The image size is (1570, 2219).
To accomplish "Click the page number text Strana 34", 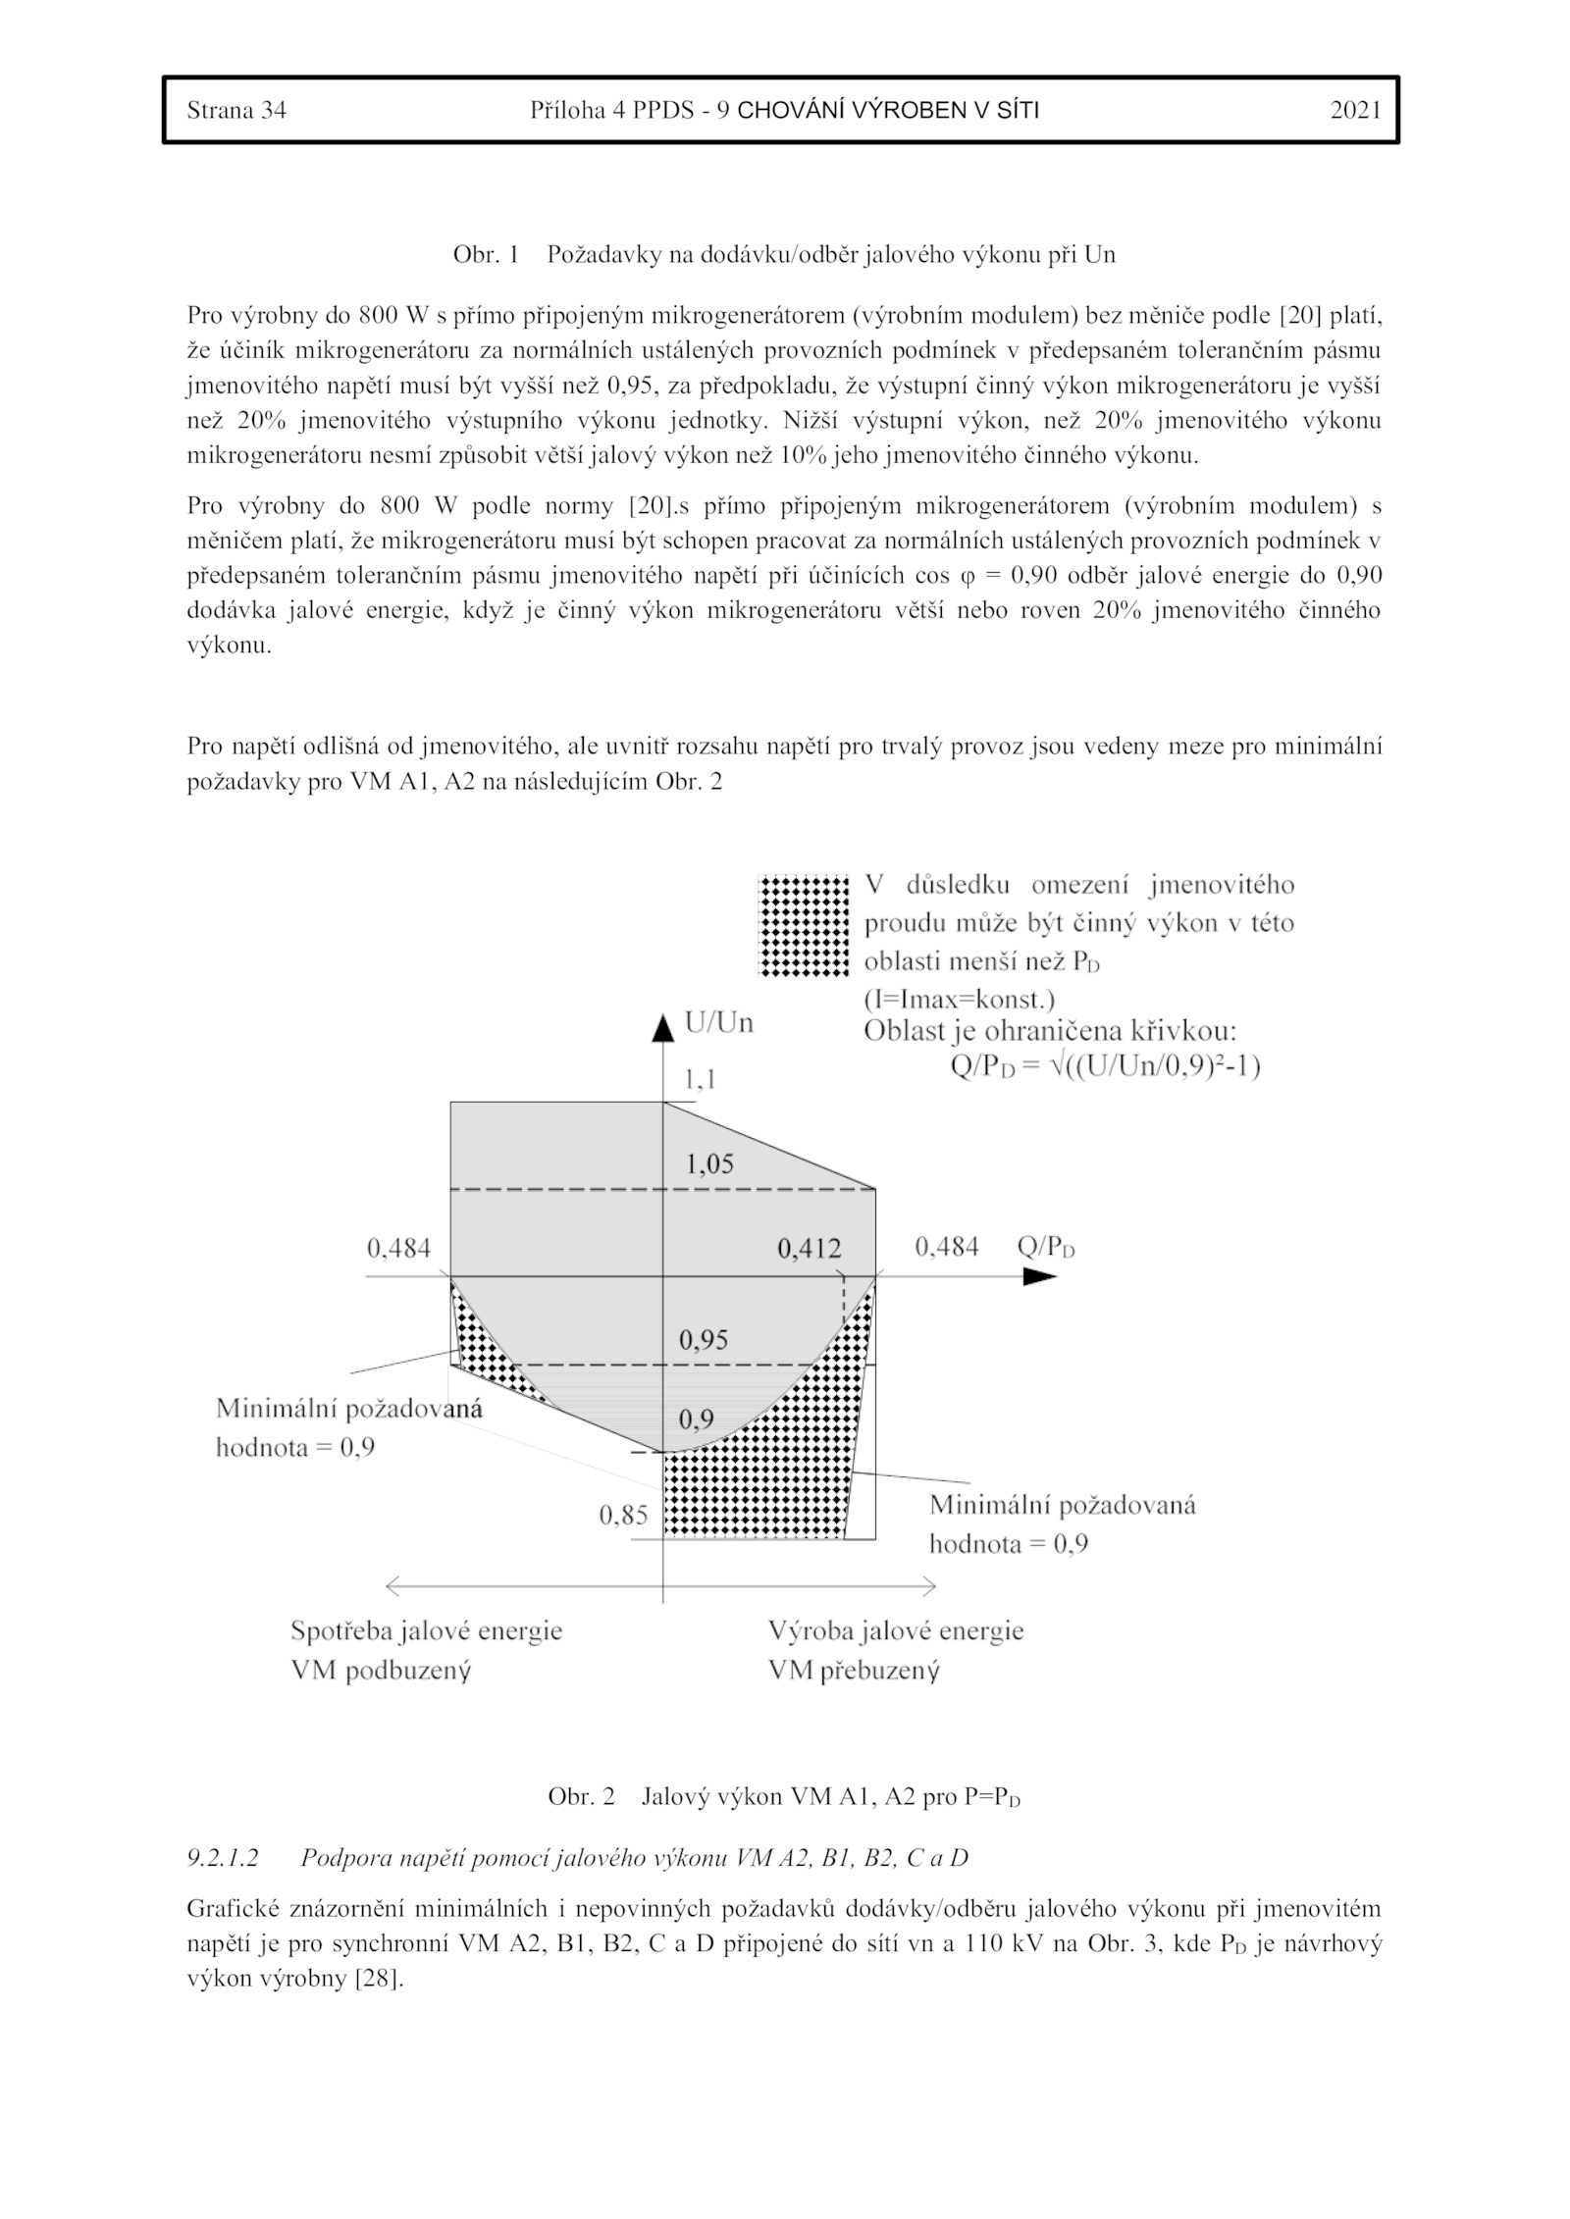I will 236,110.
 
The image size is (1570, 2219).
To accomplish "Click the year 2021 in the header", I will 1355,110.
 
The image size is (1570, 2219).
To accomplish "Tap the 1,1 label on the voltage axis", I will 700,1079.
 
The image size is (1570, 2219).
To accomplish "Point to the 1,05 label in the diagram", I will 709,1163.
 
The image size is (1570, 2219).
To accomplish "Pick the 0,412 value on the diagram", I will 810,1248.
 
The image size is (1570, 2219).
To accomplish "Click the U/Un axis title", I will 719,1023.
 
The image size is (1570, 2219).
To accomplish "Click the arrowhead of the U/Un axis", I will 664,1028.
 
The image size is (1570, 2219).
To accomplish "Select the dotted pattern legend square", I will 804,925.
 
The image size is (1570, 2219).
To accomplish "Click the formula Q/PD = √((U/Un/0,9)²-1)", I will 1105,1066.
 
